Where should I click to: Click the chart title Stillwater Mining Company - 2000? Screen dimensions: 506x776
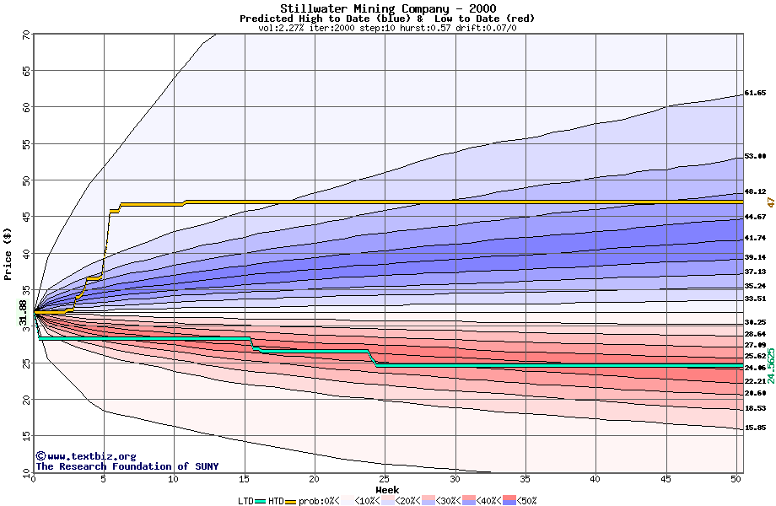(388, 8)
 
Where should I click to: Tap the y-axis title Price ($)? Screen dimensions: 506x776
(8, 253)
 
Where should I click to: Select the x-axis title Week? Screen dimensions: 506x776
(387, 490)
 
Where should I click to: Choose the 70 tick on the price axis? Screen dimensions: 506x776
(26, 35)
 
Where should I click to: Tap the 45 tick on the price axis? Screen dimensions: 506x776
(26, 217)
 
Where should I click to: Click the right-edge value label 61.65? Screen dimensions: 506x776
(755, 93)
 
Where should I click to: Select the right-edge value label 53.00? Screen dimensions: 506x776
(755, 156)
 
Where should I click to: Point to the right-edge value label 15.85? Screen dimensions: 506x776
(755, 428)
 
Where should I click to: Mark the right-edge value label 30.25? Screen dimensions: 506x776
(755, 322)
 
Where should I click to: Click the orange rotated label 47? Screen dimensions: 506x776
(770, 202)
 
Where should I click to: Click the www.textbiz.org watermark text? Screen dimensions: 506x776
(85, 456)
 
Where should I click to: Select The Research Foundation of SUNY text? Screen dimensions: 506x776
(127, 466)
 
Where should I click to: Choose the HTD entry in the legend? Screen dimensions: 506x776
(275, 500)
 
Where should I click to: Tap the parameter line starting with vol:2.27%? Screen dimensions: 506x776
(387, 28)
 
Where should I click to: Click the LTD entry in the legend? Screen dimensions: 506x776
(245, 500)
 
